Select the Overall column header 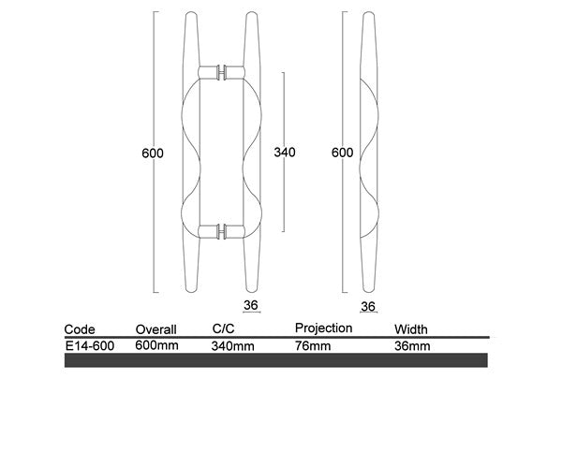[156, 329]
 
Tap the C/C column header [225, 329]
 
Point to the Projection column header [323, 328]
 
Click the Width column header [411, 329]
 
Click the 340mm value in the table [233, 345]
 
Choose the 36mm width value [413, 345]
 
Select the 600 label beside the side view [342, 153]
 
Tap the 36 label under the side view [367, 306]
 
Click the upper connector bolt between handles [222, 72]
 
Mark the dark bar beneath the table [276, 360]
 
